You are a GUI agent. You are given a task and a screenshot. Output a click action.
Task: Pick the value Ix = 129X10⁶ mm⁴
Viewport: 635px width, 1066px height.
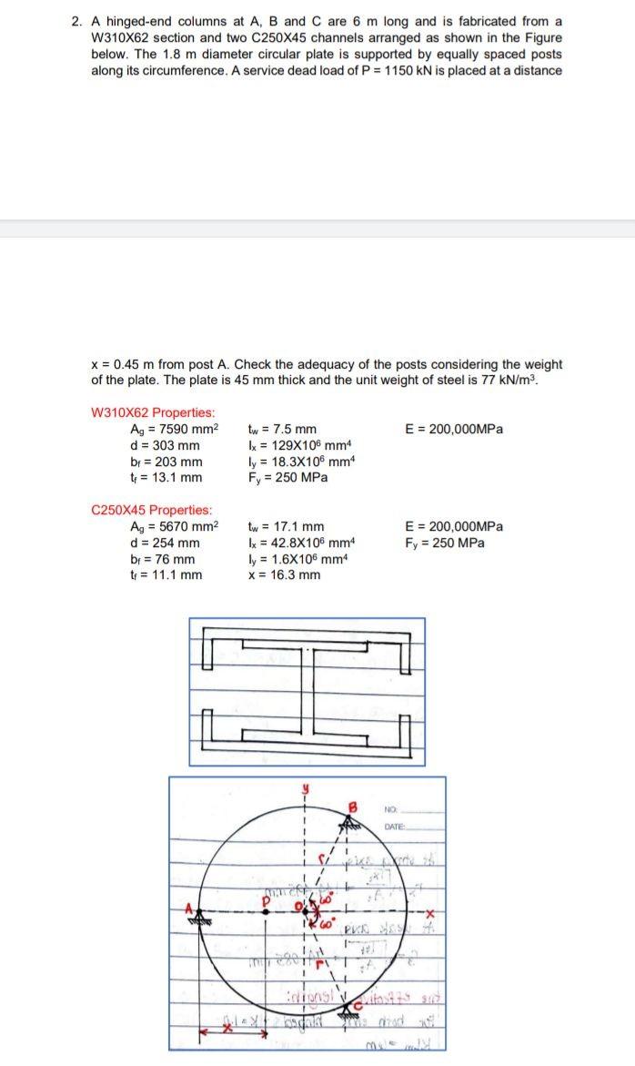point(299,445)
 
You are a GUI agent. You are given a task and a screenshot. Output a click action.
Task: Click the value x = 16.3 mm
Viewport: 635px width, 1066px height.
point(284,574)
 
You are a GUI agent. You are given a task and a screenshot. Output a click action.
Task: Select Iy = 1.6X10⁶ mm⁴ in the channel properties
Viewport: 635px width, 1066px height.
point(297,558)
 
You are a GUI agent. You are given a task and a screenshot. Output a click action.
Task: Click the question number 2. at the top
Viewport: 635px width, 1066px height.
point(77,21)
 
